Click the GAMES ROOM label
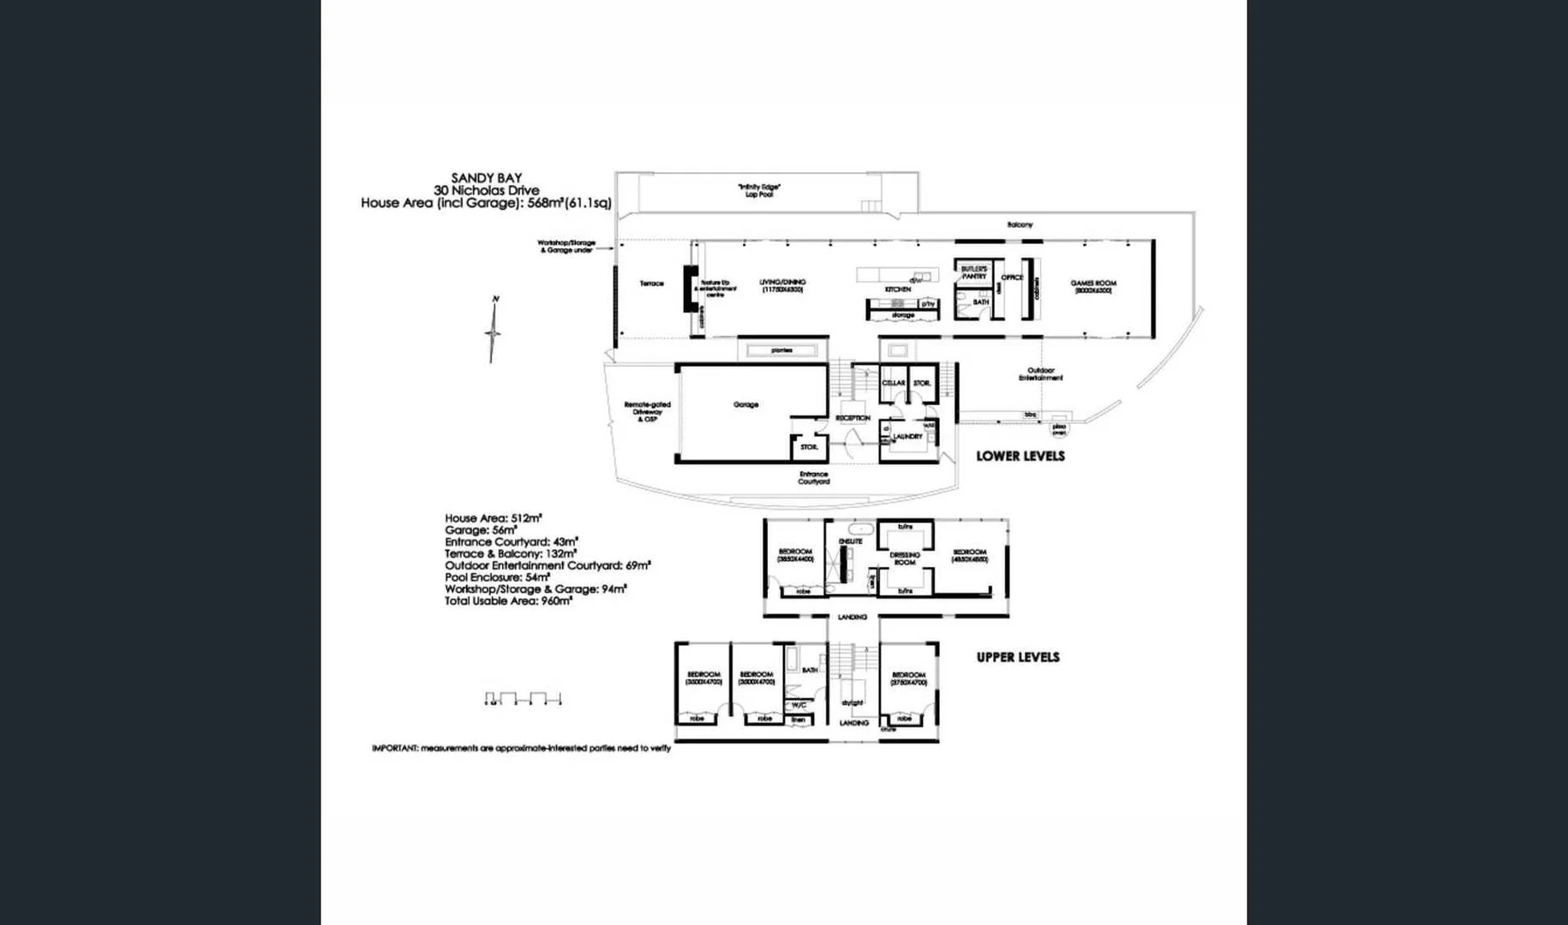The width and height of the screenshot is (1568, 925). pos(1092,286)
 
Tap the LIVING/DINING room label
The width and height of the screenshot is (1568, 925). pos(781,285)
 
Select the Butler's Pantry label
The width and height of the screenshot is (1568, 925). pos(973,272)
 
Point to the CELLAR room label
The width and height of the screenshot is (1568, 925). pos(893,383)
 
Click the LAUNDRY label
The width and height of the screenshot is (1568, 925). pos(907,437)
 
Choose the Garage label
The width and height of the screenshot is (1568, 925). pos(745,404)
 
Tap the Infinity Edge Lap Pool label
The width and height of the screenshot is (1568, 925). pos(758,190)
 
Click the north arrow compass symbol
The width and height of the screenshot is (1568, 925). pos(493,330)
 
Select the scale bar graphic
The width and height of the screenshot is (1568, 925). pos(523,699)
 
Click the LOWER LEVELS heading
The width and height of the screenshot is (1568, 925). pos(1020,457)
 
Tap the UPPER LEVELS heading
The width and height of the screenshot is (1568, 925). pos(1018,658)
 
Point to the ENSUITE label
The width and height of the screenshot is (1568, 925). pos(850,541)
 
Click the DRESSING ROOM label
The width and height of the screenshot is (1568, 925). pos(905,558)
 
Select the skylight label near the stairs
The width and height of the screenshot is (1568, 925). pos(852,703)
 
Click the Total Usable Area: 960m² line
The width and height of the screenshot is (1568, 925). pos(508,601)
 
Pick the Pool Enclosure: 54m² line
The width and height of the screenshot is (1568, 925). pos(497,577)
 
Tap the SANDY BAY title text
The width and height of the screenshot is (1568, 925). pos(486,178)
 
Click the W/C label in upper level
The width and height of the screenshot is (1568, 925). pos(799,705)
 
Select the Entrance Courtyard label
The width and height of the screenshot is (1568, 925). pos(813,478)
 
